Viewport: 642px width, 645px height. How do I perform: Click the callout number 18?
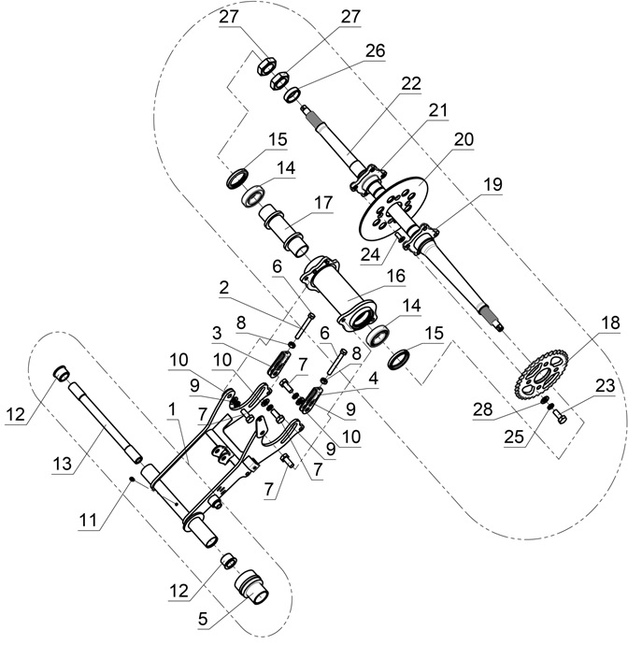(610, 323)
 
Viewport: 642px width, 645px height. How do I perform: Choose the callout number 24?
(373, 252)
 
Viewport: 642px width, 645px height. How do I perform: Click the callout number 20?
(465, 137)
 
